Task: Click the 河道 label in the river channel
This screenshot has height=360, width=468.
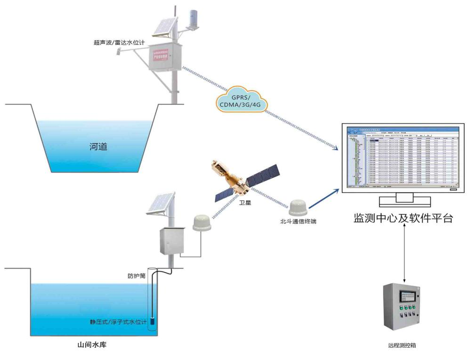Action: pyautogui.click(x=99, y=147)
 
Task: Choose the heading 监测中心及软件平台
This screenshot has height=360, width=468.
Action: pyautogui.click(x=403, y=218)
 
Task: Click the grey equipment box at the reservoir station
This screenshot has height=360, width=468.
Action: pyautogui.click(x=170, y=241)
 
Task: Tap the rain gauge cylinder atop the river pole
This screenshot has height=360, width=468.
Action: pyautogui.click(x=193, y=18)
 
